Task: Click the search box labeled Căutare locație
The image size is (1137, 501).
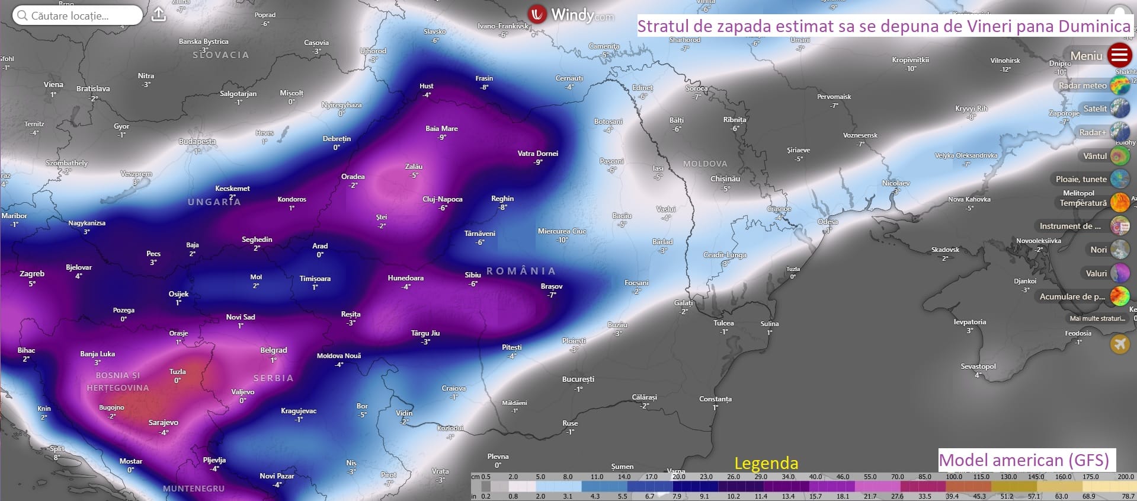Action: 77,16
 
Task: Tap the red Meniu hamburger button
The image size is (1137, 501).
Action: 1119,55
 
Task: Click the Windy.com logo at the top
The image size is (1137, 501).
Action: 571,14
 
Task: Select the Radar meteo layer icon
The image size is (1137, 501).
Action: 1120,85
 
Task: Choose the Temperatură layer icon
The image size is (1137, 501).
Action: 1120,202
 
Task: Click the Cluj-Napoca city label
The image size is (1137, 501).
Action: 442,199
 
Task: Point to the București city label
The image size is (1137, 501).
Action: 578,379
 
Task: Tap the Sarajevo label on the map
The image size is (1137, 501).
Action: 163,423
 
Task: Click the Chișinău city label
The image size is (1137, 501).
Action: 725,179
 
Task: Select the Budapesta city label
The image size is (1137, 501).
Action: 197,142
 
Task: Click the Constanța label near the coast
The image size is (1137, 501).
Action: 715,399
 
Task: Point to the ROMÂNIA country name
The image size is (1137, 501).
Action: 521,271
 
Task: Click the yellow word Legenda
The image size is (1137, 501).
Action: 766,463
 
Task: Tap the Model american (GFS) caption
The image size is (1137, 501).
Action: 1024,460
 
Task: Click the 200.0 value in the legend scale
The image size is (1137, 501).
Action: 1125,477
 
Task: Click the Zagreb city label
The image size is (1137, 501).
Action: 32,274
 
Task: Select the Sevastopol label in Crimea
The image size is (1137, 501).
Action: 978,366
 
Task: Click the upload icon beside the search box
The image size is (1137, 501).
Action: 159,15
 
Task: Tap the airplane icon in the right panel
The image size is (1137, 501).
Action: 1120,343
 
